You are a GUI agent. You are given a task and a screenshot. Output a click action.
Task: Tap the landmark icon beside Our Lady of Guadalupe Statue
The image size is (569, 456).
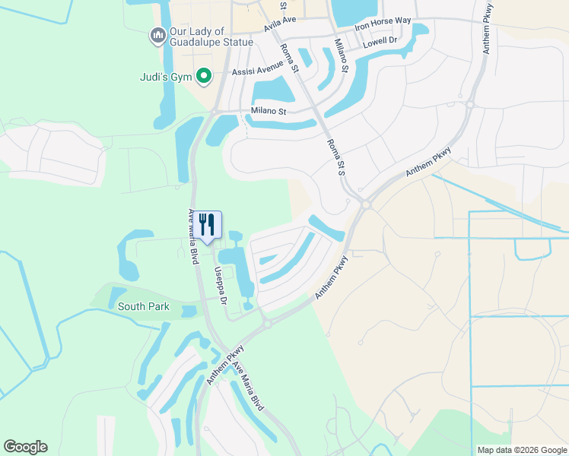click(x=157, y=35)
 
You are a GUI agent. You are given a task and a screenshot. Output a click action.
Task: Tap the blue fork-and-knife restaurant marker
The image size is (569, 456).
click(x=206, y=224)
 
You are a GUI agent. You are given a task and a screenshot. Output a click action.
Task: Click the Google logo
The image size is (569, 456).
click(x=25, y=447)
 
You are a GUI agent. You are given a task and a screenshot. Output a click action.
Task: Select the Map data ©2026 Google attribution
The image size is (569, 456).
click(x=521, y=450)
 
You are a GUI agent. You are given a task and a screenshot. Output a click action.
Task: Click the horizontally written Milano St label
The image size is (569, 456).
click(x=268, y=112)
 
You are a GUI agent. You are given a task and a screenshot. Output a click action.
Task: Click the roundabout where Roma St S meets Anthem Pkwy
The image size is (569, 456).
click(x=366, y=204)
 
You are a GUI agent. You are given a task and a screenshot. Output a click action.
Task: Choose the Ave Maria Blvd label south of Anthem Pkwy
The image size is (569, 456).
click(x=249, y=385)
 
